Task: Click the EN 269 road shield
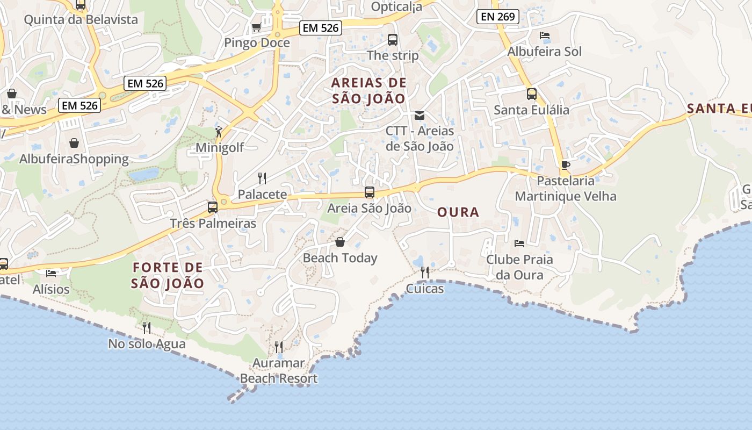click(x=498, y=17)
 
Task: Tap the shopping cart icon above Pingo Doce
click(x=257, y=27)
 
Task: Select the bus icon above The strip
click(x=393, y=39)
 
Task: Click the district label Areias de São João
click(x=368, y=91)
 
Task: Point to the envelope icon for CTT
click(x=420, y=115)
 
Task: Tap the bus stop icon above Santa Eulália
click(x=531, y=94)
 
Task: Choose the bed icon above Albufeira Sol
click(x=544, y=36)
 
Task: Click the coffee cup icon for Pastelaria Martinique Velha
click(x=565, y=165)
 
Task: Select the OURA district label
click(x=458, y=212)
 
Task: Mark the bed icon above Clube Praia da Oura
click(x=519, y=243)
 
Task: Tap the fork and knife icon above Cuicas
click(x=425, y=273)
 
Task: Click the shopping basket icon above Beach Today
click(x=339, y=242)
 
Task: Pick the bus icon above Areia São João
click(x=370, y=192)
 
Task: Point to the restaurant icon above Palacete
click(x=262, y=178)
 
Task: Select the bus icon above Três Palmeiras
click(x=213, y=207)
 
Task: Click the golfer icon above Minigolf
click(x=219, y=132)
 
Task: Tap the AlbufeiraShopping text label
click(x=74, y=159)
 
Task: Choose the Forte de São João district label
click(x=168, y=275)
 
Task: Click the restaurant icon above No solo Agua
click(x=146, y=328)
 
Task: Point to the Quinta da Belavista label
click(x=81, y=20)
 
